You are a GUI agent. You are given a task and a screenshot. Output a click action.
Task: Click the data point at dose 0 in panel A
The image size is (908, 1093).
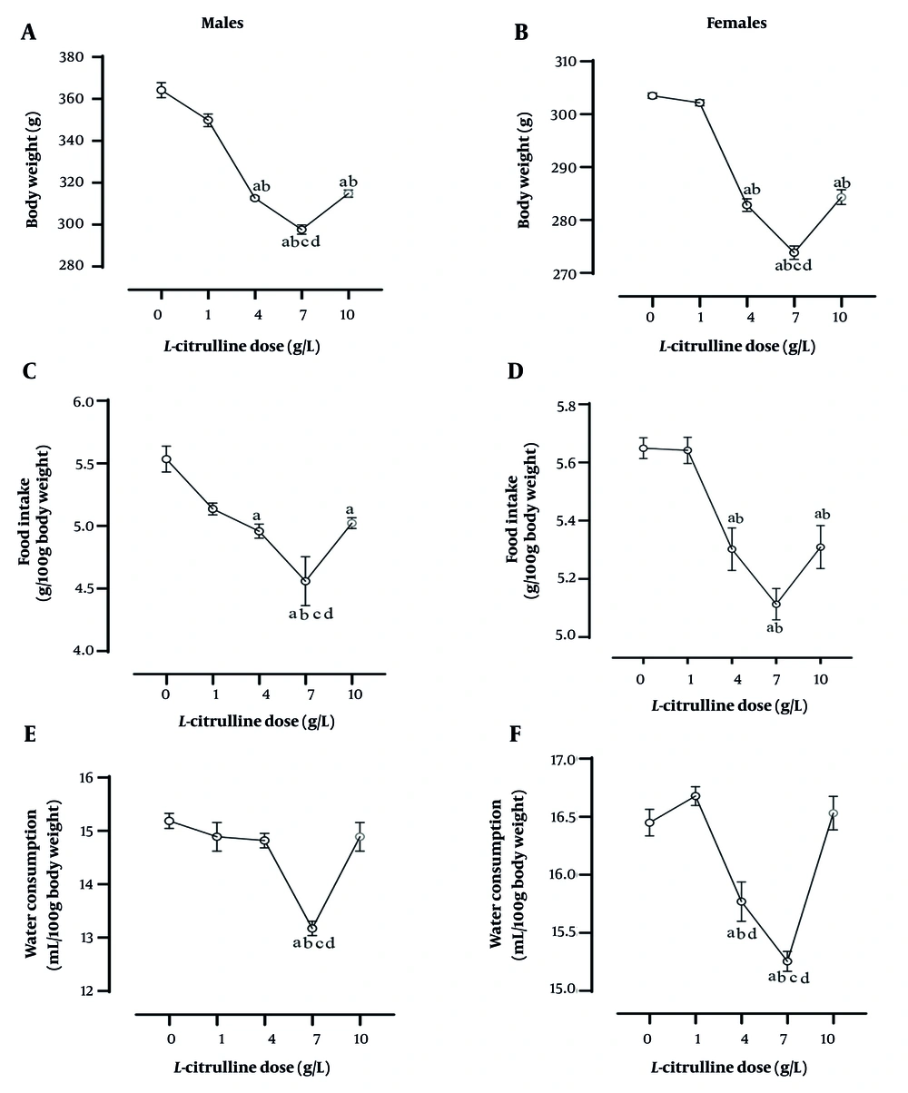click(161, 90)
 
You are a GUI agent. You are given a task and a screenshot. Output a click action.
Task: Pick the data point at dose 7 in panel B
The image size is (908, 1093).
click(794, 252)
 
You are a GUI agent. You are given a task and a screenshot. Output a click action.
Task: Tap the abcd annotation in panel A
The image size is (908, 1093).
click(301, 242)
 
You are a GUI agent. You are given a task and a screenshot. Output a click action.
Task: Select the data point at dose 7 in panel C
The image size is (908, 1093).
click(306, 581)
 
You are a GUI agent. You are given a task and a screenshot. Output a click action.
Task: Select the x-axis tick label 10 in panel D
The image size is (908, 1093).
click(819, 681)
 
